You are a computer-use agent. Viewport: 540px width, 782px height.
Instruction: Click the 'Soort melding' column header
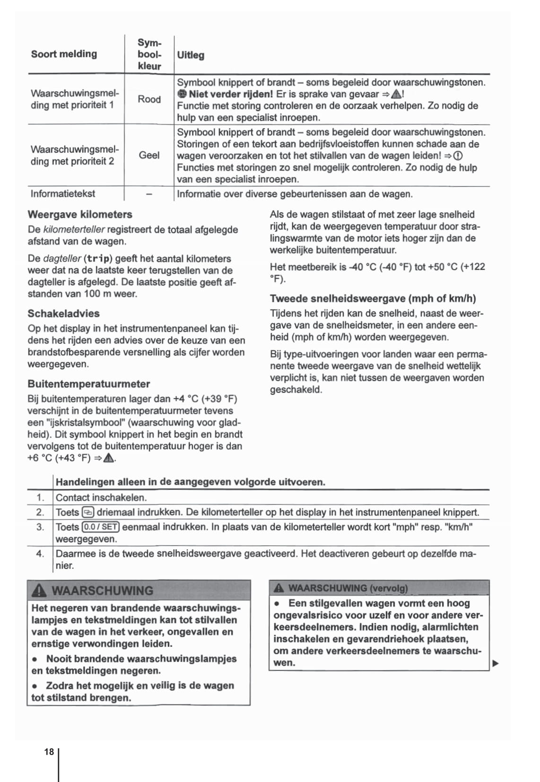[x=64, y=54]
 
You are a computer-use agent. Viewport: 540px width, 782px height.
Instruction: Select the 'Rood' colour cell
[x=149, y=99]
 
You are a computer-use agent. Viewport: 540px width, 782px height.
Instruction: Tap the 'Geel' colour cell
[x=149, y=155]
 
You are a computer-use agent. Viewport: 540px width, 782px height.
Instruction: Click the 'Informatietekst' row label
[x=63, y=194]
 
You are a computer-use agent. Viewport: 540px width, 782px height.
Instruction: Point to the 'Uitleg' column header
[x=191, y=55]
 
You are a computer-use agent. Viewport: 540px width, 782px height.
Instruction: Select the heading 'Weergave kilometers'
[x=80, y=215]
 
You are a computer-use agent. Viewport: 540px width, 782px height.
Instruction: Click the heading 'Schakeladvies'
[x=63, y=313]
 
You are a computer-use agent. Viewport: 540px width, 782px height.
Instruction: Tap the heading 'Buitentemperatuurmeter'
[x=89, y=384]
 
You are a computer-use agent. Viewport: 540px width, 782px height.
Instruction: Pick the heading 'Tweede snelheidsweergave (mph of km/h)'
[x=373, y=298]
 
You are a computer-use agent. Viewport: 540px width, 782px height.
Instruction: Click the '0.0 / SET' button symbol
[x=101, y=527]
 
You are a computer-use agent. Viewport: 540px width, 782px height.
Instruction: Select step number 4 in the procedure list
[x=40, y=554]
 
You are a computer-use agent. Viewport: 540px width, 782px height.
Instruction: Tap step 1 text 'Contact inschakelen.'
[x=101, y=497]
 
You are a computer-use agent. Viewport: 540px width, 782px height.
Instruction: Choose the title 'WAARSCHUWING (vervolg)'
[x=348, y=588]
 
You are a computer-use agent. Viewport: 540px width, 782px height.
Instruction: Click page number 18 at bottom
[x=49, y=752]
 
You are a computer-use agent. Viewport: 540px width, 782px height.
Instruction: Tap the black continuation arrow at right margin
[x=496, y=663]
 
